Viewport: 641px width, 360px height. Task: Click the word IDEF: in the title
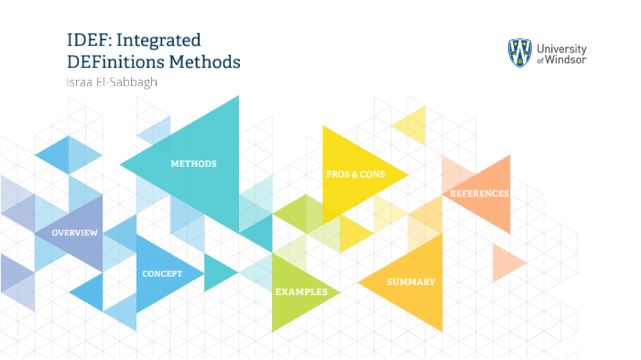click(88, 40)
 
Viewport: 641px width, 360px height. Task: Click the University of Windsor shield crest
click(520, 53)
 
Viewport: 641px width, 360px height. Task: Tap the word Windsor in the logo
click(569, 60)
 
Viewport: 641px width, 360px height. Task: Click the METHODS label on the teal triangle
click(193, 164)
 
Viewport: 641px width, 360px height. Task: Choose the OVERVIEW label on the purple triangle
click(74, 233)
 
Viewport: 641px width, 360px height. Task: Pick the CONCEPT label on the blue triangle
click(162, 274)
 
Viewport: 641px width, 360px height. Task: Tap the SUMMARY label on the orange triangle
click(410, 281)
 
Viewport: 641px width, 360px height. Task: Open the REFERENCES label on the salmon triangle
click(479, 193)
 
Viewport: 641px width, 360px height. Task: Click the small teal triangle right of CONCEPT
click(217, 272)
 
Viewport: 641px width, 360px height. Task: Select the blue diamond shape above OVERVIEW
click(69, 155)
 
